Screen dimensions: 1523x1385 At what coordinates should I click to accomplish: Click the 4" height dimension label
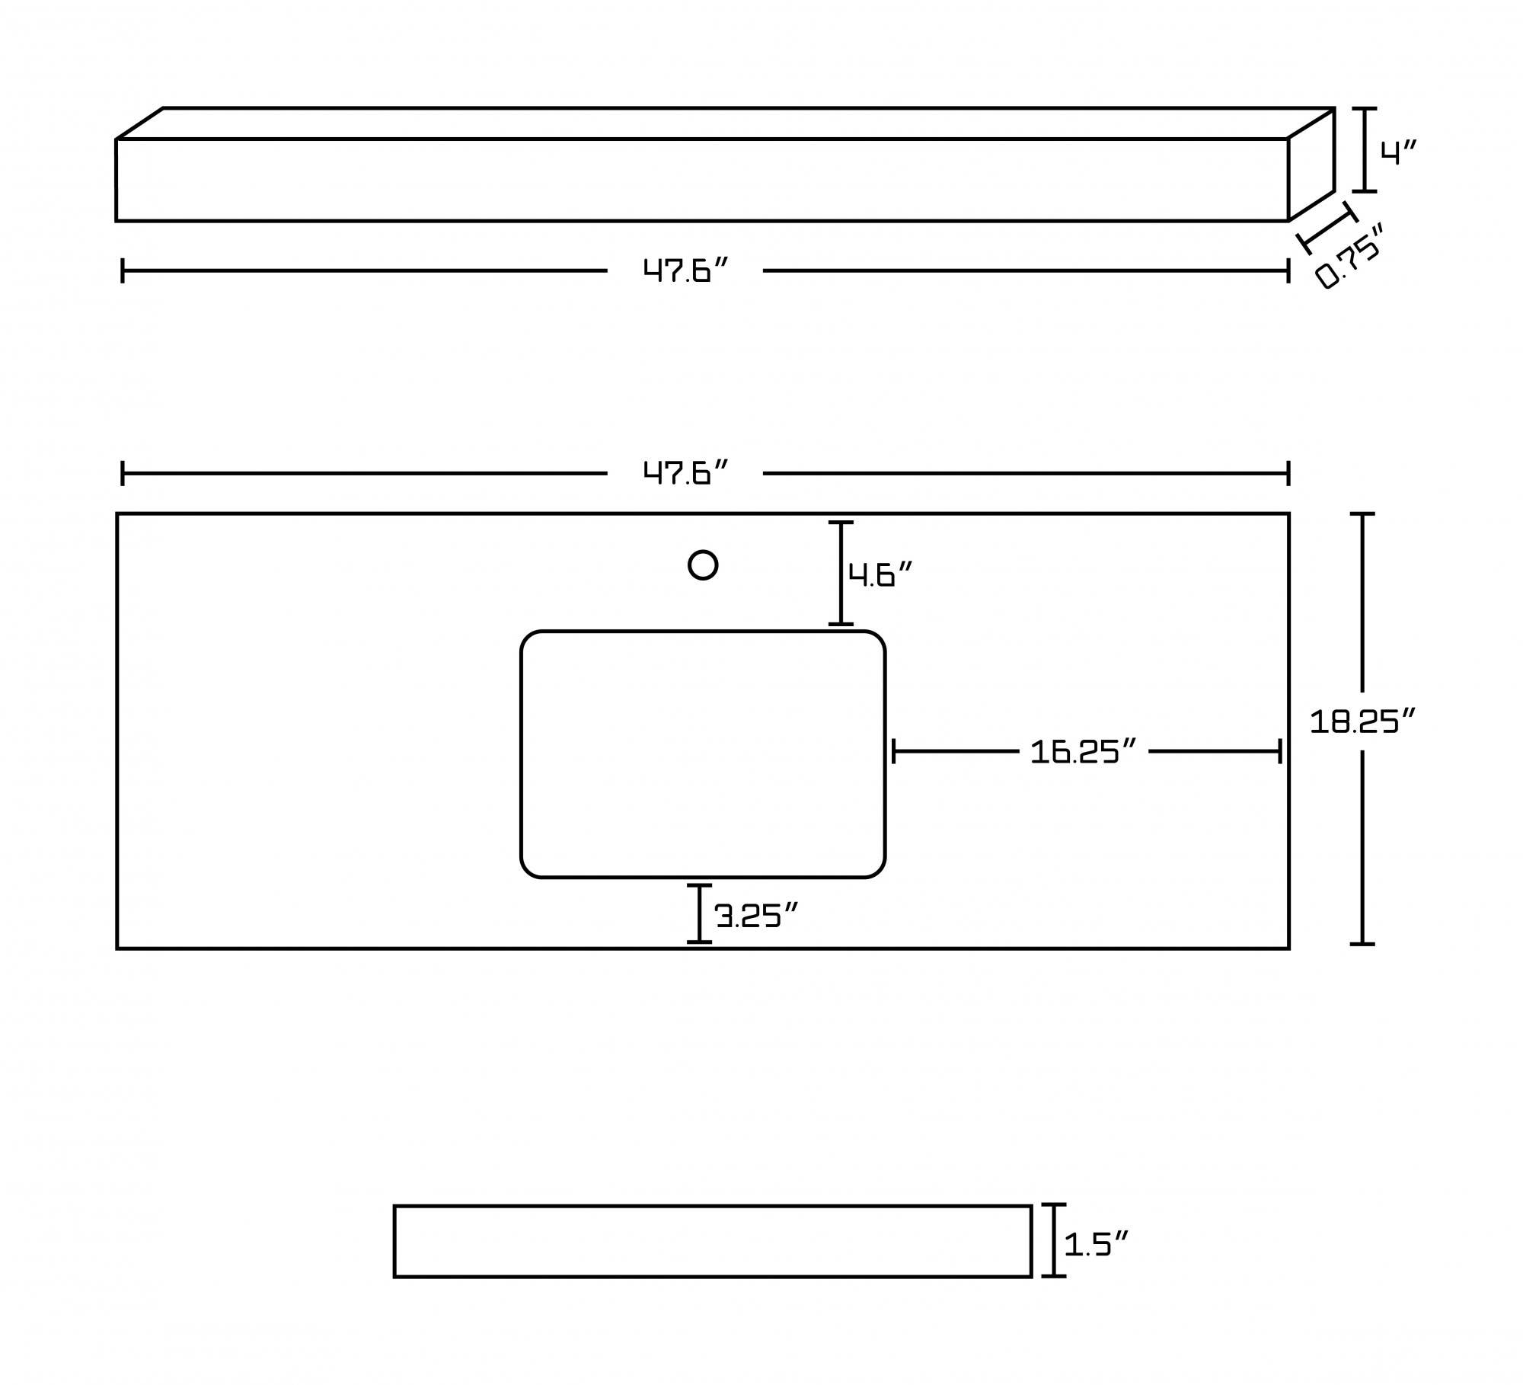(1398, 152)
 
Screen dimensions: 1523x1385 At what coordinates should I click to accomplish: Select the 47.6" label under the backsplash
(685, 270)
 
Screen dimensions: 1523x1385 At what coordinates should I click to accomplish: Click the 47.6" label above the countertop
(685, 473)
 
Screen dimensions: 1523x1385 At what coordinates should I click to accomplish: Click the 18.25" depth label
(1362, 721)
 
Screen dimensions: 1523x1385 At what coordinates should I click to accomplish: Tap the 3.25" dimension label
(756, 915)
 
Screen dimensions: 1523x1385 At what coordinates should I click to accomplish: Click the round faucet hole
(703, 565)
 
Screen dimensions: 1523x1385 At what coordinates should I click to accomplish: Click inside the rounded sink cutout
(703, 754)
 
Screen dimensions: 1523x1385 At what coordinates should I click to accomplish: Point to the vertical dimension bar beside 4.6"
(841, 574)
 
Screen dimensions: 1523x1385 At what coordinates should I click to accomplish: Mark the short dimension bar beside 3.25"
(699, 914)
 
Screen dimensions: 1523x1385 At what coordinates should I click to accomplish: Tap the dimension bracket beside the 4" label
(1364, 149)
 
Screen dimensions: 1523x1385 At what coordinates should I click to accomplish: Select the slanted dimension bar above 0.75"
(1327, 228)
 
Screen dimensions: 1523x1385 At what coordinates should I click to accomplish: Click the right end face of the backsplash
(1311, 165)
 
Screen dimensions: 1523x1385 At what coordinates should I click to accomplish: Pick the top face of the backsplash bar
(725, 123)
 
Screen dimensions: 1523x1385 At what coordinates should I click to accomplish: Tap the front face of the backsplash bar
(702, 180)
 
